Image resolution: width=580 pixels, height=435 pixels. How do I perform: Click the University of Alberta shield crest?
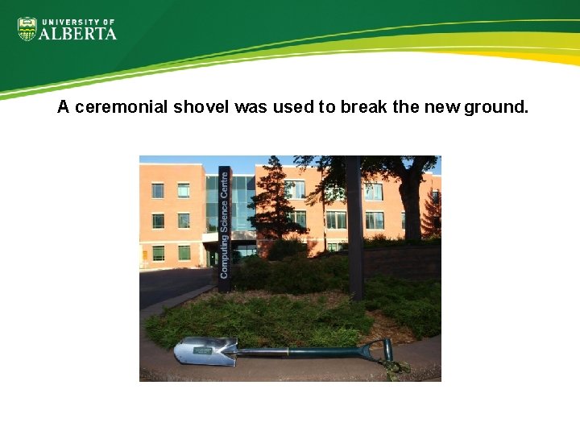tap(27, 29)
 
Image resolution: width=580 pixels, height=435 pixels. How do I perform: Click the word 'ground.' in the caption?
tap(496, 107)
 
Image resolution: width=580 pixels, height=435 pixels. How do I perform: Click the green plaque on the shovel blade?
tap(202, 351)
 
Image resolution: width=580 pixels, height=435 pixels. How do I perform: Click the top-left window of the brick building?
tap(157, 190)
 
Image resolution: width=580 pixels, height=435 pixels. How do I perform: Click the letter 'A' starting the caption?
tap(64, 107)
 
